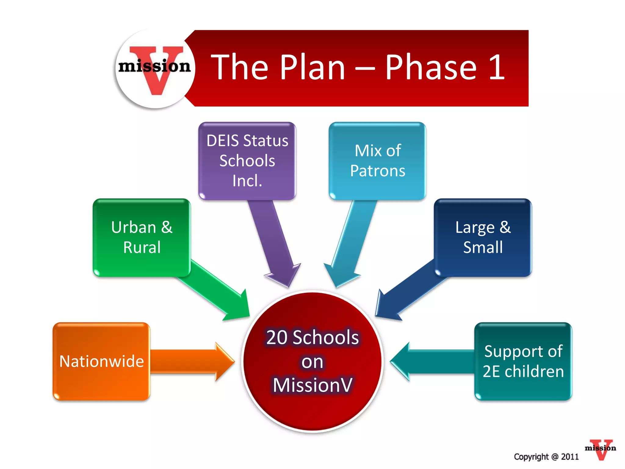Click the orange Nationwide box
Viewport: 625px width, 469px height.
point(101,361)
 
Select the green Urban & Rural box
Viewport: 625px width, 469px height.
point(142,238)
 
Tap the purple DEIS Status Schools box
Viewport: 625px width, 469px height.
point(247,161)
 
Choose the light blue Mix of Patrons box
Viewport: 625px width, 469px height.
point(378,161)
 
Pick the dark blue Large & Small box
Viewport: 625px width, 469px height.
point(483,238)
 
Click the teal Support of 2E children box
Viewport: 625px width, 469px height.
point(523,361)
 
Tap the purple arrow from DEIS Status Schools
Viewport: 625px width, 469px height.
point(273,241)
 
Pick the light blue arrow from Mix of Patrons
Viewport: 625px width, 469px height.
point(351,241)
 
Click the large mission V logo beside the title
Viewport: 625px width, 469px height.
point(155,68)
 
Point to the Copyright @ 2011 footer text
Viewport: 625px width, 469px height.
point(546,457)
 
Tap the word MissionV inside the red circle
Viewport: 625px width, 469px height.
point(312,385)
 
